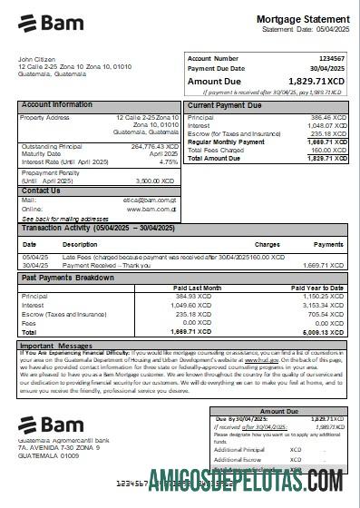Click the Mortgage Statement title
pos(302,19)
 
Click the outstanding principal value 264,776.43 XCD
pos(155,146)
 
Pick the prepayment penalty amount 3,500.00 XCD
pos(159,181)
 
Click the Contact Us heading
pos(41,190)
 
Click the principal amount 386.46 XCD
pos(327,118)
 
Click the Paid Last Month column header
pos(197,287)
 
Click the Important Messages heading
pos(57,346)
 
